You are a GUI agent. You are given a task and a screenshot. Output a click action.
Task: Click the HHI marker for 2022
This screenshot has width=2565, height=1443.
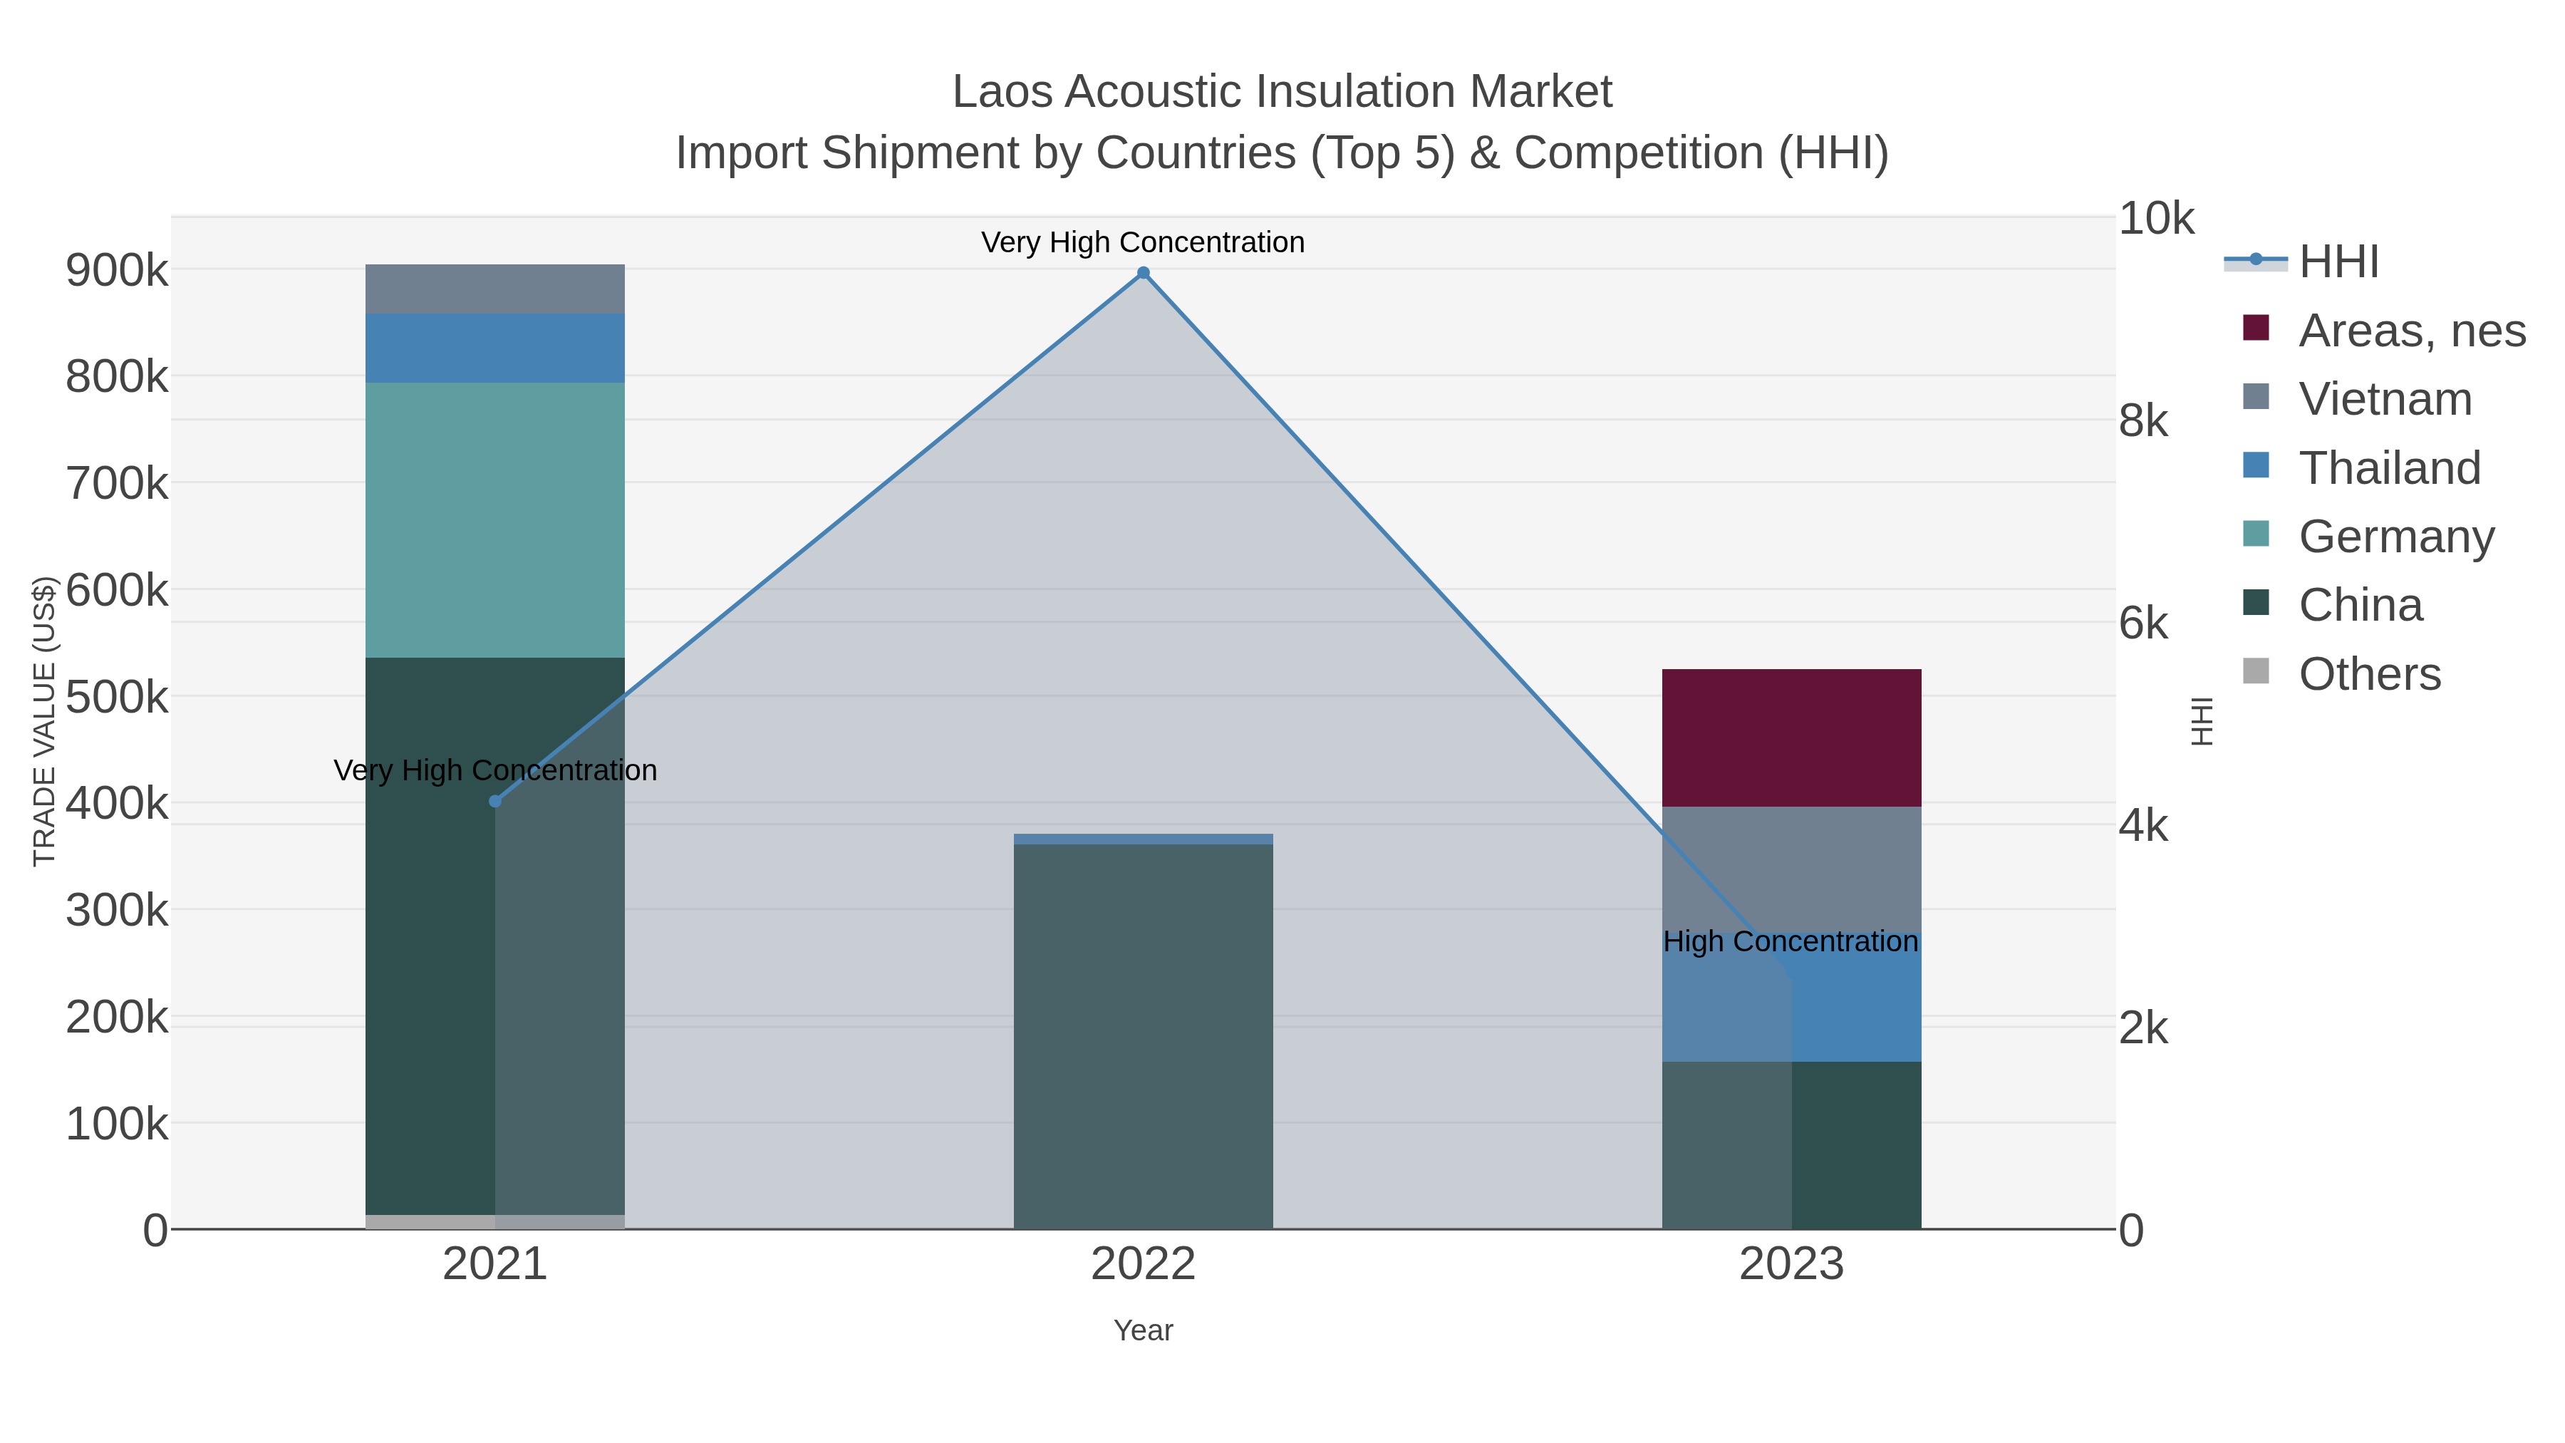tap(1143, 273)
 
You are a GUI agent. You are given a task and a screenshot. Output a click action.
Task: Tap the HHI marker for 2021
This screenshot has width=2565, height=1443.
tap(495, 801)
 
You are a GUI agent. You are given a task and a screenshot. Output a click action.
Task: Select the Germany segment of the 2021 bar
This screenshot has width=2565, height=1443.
tap(495, 520)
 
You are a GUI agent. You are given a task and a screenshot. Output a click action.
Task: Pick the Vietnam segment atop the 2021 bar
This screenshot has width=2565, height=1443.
tap(495, 289)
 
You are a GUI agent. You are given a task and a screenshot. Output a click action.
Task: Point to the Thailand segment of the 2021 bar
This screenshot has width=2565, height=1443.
tap(495, 348)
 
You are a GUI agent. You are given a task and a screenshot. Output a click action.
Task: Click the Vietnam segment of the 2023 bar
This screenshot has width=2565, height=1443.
tap(1791, 867)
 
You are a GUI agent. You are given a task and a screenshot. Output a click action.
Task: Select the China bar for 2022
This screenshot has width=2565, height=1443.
tap(1143, 1035)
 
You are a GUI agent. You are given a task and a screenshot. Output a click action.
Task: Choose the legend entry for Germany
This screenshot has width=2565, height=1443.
tap(2395, 536)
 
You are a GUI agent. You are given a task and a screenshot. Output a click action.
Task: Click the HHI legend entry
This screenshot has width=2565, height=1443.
tap(2338, 262)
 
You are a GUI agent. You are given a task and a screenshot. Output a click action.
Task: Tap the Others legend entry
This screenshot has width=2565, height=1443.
tap(2369, 674)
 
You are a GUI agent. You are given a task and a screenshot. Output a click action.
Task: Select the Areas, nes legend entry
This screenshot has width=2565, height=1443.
tap(2410, 331)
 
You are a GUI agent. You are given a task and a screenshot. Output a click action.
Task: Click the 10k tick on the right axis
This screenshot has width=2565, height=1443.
tap(2156, 219)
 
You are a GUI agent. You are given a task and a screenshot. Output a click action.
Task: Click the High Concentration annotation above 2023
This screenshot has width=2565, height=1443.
tap(1791, 941)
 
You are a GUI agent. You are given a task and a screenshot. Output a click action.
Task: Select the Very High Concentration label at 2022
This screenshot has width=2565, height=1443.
tap(1142, 242)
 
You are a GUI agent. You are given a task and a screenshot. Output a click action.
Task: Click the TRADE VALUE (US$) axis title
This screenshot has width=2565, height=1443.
tap(45, 721)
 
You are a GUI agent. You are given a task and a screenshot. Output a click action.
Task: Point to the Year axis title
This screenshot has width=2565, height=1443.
tap(1143, 1330)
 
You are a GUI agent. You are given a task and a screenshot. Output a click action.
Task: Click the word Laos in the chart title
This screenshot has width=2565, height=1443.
tap(1002, 92)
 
